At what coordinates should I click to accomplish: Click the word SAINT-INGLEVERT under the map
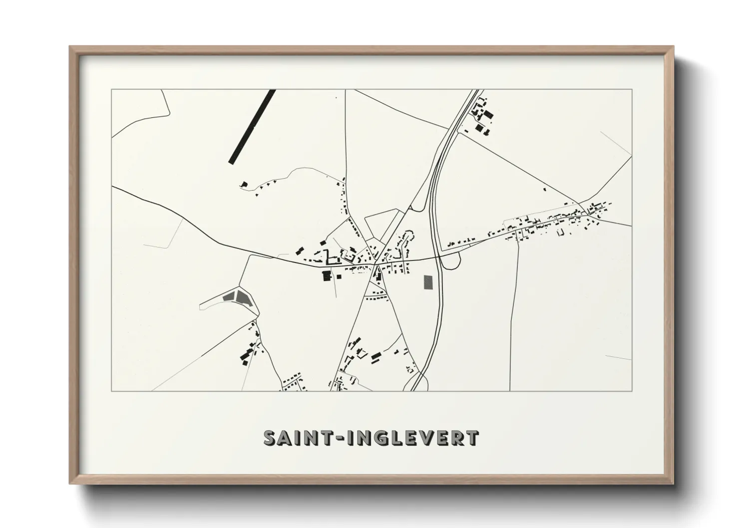[x=371, y=438]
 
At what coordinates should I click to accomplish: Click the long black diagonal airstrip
[x=252, y=126]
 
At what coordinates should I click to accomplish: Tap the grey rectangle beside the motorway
[x=428, y=282]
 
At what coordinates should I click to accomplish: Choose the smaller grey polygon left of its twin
[x=229, y=296]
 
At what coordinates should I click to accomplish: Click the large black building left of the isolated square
[x=327, y=275]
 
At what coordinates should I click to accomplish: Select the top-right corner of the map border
[x=632, y=90]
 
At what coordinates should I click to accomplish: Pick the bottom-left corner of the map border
[x=112, y=391]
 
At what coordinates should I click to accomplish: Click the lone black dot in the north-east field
[x=545, y=189]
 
